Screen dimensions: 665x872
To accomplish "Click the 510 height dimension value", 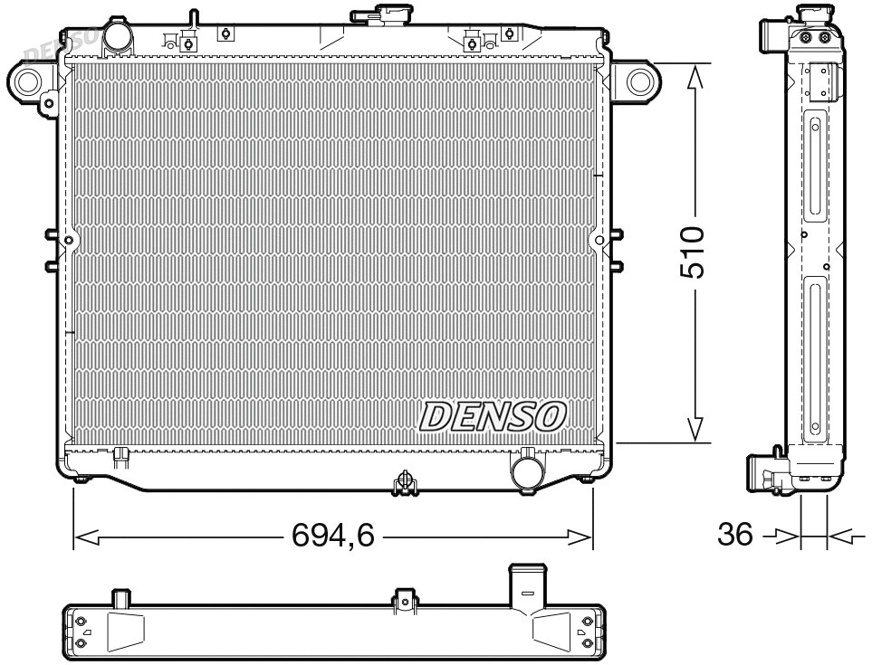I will click(x=693, y=252).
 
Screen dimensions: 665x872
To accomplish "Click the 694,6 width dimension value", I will click(x=333, y=537).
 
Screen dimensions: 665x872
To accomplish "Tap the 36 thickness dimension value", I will click(x=734, y=535).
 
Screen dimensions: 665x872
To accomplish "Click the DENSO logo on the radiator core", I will click(x=493, y=415).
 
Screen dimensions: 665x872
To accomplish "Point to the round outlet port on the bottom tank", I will click(x=526, y=470).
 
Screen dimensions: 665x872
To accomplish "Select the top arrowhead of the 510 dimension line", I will click(x=695, y=79).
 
